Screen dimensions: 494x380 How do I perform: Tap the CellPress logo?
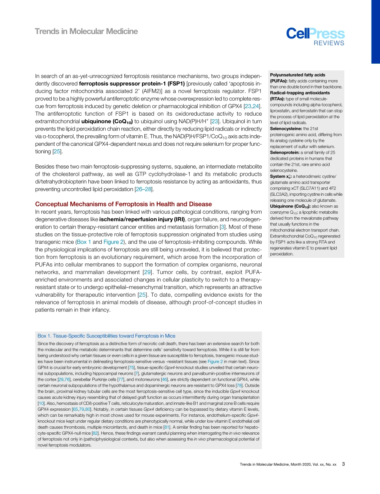[315, 34]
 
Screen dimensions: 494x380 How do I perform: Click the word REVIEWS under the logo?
[329, 44]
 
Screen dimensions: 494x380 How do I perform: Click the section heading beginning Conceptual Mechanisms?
[124, 204]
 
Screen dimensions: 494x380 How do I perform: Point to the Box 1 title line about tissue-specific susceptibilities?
[106, 336]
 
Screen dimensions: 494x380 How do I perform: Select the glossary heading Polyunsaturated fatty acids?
[298, 75]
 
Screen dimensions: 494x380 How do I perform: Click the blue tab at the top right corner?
[375, 32]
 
